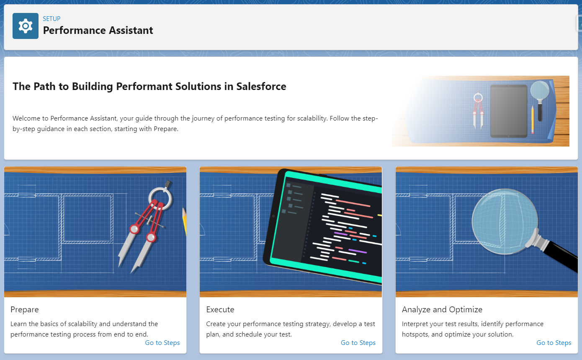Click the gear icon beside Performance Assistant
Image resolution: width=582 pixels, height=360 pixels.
coord(26,26)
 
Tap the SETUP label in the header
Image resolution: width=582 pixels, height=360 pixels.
coord(52,19)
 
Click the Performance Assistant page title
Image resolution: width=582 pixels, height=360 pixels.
coord(98,31)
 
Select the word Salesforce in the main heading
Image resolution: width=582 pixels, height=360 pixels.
coord(261,87)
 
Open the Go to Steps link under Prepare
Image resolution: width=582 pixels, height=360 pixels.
coord(162,342)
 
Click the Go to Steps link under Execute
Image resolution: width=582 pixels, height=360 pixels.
coord(358,342)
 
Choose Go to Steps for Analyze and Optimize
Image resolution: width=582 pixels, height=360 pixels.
coord(554,342)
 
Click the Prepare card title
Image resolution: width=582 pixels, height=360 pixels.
coord(24,310)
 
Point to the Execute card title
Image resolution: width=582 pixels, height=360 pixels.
coord(220,310)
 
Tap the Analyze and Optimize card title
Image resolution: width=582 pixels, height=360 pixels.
coord(442,310)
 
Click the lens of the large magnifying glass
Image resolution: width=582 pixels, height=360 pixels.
coord(505,221)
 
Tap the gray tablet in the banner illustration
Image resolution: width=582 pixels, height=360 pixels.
coord(509,111)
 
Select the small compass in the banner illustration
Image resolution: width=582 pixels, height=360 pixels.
coord(478,111)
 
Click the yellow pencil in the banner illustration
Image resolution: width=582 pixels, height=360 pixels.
coord(532,119)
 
